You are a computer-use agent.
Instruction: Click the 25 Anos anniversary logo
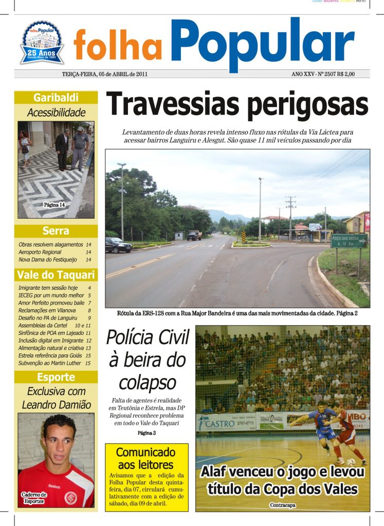pyautogui.click(x=42, y=43)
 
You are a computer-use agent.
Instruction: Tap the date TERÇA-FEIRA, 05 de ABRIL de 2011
pyautogui.click(x=105, y=74)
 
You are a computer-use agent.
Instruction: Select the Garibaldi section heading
pyautogui.click(x=56, y=98)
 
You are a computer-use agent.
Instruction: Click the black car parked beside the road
pyautogui.click(x=118, y=245)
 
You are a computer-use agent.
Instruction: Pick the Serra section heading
pyautogui.click(x=56, y=231)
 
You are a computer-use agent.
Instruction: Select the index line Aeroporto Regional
pyautogui.click(x=40, y=252)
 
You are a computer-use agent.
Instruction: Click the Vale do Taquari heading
pyautogui.click(x=56, y=274)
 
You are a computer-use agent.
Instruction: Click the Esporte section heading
pyautogui.click(x=56, y=377)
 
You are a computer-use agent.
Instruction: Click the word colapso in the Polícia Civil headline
pyautogui.click(x=148, y=383)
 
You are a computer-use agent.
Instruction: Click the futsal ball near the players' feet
pyautogui.click(x=351, y=462)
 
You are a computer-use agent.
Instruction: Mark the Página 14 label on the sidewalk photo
pyautogui.click(x=54, y=204)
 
